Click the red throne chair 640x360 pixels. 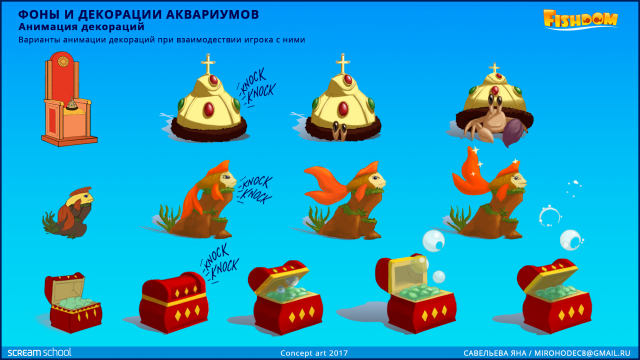pos(62,99)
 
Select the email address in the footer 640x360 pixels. pos(591,352)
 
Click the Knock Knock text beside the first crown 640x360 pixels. pos(257,93)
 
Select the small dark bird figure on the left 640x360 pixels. pos(65,211)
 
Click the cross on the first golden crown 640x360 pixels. pos(209,67)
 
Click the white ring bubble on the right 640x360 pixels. pos(549,215)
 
